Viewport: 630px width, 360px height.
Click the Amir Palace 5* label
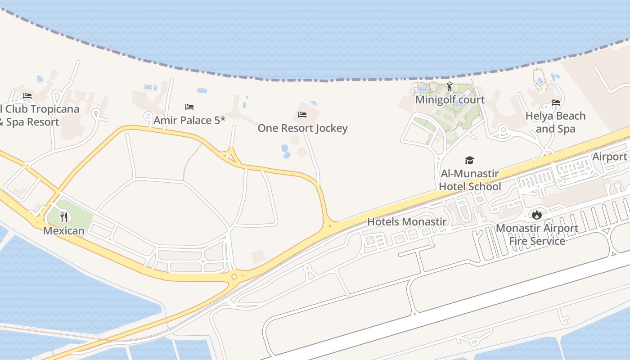(189, 120)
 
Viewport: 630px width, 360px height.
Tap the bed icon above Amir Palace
(189, 107)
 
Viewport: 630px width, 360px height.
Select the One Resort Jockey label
(302, 128)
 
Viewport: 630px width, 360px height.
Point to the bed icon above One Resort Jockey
(302, 115)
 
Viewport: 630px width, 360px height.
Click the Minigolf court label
(450, 99)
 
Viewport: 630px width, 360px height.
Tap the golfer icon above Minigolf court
(449, 86)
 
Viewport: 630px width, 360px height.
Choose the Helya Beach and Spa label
(555, 122)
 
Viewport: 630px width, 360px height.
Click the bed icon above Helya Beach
(556, 103)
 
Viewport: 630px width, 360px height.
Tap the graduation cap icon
(470, 161)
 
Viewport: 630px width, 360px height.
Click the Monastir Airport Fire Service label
(537, 234)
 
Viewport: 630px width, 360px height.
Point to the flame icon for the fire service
(536, 215)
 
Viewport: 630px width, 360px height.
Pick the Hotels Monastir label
(407, 221)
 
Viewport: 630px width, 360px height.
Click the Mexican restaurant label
(64, 231)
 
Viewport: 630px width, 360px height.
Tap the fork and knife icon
(64, 218)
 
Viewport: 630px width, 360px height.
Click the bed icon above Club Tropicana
(27, 96)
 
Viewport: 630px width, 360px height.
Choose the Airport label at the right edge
(610, 157)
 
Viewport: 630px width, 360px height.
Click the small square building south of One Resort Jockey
(258, 256)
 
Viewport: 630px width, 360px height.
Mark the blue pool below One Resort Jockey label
(285, 152)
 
